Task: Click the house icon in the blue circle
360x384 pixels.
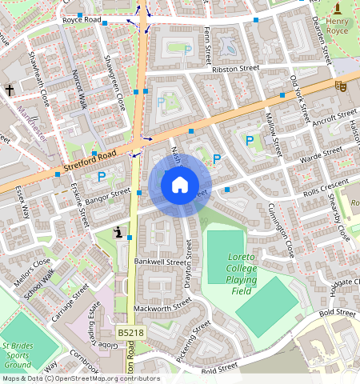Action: coord(180,185)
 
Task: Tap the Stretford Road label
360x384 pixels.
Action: coord(89,162)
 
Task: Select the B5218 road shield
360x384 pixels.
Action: coord(130,332)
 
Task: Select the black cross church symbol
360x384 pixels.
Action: coord(10,90)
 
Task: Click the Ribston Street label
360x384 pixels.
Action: coord(236,70)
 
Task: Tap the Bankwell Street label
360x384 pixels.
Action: coord(164,262)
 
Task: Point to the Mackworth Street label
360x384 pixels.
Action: coord(163,305)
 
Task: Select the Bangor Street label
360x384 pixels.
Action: coord(108,194)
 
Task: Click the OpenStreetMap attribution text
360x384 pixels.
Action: coord(80,378)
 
